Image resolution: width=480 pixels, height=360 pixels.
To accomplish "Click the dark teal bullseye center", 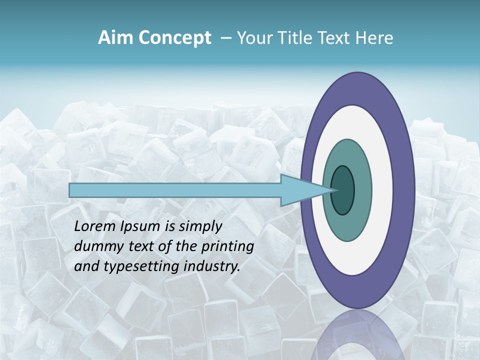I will [342, 190].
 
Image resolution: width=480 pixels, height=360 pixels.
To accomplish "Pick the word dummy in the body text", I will [96, 246].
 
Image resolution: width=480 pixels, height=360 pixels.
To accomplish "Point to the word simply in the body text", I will [199, 227].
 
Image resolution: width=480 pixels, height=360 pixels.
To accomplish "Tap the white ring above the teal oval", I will [350, 122].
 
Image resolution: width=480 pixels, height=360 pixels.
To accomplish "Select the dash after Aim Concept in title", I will [225, 38].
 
